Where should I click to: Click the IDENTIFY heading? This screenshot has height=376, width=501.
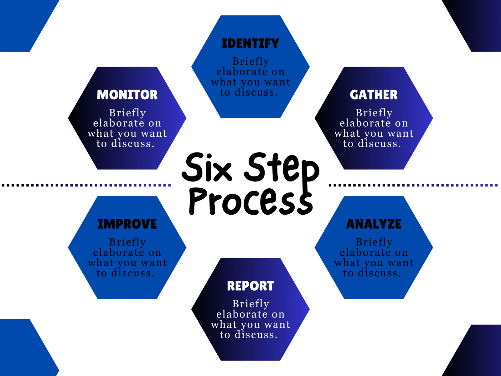coord(250,44)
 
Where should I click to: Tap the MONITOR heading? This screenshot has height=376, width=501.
coord(127,95)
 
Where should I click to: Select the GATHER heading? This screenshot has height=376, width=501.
coord(374,95)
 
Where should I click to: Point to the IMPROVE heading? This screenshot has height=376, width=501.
coord(127,224)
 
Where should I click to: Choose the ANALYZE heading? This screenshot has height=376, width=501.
coord(374,224)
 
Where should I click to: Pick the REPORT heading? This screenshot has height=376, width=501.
coord(250,286)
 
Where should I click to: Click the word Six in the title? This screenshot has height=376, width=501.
coord(207,168)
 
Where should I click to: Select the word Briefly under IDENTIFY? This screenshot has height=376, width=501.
coord(250,61)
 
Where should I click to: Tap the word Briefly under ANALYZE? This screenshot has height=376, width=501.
coord(374,242)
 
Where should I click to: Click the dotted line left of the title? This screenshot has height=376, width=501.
coord(86,185)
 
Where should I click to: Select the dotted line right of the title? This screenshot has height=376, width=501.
coord(413,185)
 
